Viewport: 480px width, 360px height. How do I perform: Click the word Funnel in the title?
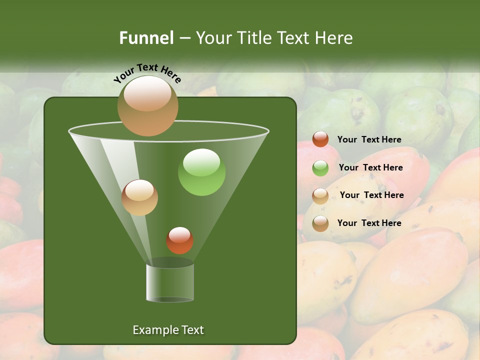(x=146, y=38)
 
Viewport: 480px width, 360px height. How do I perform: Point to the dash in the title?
(x=184, y=38)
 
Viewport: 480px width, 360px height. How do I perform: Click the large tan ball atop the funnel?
(x=148, y=105)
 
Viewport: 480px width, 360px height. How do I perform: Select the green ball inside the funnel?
(x=201, y=172)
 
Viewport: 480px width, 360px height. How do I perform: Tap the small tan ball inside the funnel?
(x=139, y=197)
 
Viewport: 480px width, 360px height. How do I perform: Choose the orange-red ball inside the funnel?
(x=179, y=240)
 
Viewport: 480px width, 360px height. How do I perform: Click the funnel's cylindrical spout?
(x=170, y=282)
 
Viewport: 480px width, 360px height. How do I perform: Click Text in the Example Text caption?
(x=191, y=330)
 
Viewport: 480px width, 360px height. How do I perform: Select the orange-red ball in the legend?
(x=320, y=139)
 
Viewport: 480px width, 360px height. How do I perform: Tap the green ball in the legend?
(x=320, y=167)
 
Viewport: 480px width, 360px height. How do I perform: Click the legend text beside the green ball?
(x=370, y=167)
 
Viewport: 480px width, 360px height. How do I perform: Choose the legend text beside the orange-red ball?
(x=369, y=139)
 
